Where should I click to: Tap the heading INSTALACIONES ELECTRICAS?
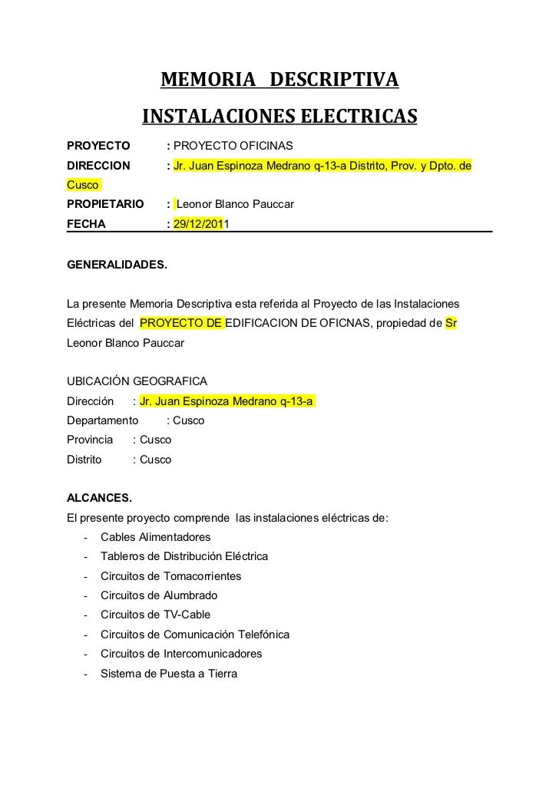[279, 117]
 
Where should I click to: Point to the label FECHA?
[87, 225]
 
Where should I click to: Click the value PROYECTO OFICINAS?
[229, 146]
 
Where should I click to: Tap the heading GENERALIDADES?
[117, 265]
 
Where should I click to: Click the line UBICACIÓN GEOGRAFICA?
[137, 381]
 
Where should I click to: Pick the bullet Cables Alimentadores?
[155, 536]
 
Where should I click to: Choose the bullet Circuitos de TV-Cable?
[155, 615]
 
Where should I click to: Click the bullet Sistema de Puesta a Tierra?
[169, 674]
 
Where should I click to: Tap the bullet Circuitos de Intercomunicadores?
[181, 654]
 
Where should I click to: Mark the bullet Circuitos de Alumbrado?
[159, 595]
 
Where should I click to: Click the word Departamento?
[103, 420]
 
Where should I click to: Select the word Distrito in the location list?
[84, 460]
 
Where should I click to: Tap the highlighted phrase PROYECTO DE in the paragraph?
[182, 322]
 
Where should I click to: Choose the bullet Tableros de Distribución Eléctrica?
[184, 555]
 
